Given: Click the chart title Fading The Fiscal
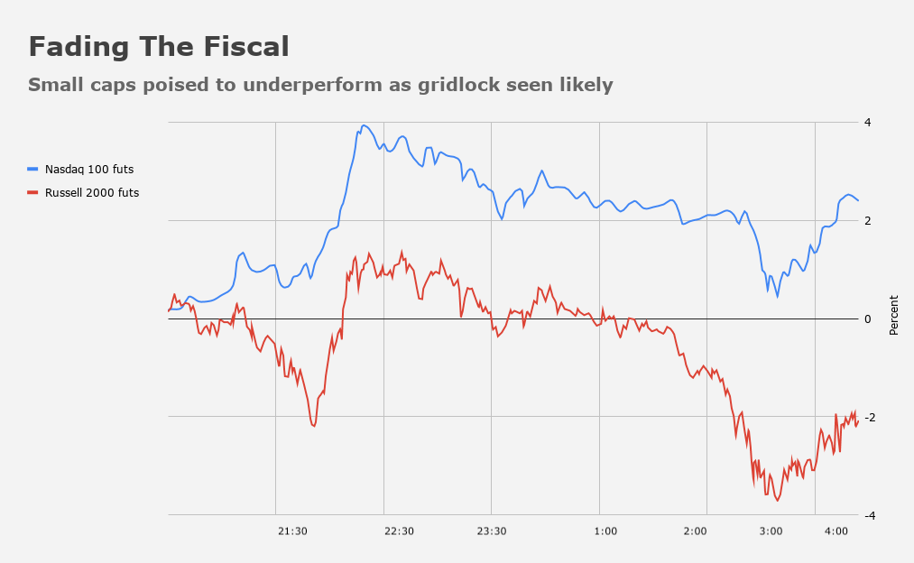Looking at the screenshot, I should (x=159, y=47).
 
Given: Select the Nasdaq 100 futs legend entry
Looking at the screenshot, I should (x=89, y=169).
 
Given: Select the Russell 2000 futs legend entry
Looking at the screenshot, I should (x=92, y=192).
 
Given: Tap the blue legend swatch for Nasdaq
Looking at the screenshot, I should (x=33, y=169).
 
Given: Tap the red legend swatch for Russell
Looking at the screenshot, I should (x=33, y=192).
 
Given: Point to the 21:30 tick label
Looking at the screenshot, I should (x=292, y=531).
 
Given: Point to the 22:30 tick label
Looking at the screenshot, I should (x=399, y=531).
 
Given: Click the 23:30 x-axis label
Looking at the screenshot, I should (x=491, y=531).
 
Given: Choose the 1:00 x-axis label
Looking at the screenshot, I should (x=605, y=531).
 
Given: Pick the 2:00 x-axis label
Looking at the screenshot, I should (x=695, y=531).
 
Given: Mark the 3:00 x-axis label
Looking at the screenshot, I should (x=771, y=531).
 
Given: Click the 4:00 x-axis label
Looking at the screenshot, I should (x=836, y=531).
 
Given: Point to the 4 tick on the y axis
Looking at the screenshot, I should (x=867, y=123).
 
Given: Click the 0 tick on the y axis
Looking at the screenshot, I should (x=867, y=319).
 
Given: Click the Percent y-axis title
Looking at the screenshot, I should (x=894, y=315).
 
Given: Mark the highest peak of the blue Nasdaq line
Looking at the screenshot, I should (x=364, y=125).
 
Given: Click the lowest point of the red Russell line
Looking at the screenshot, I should (x=778, y=500).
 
